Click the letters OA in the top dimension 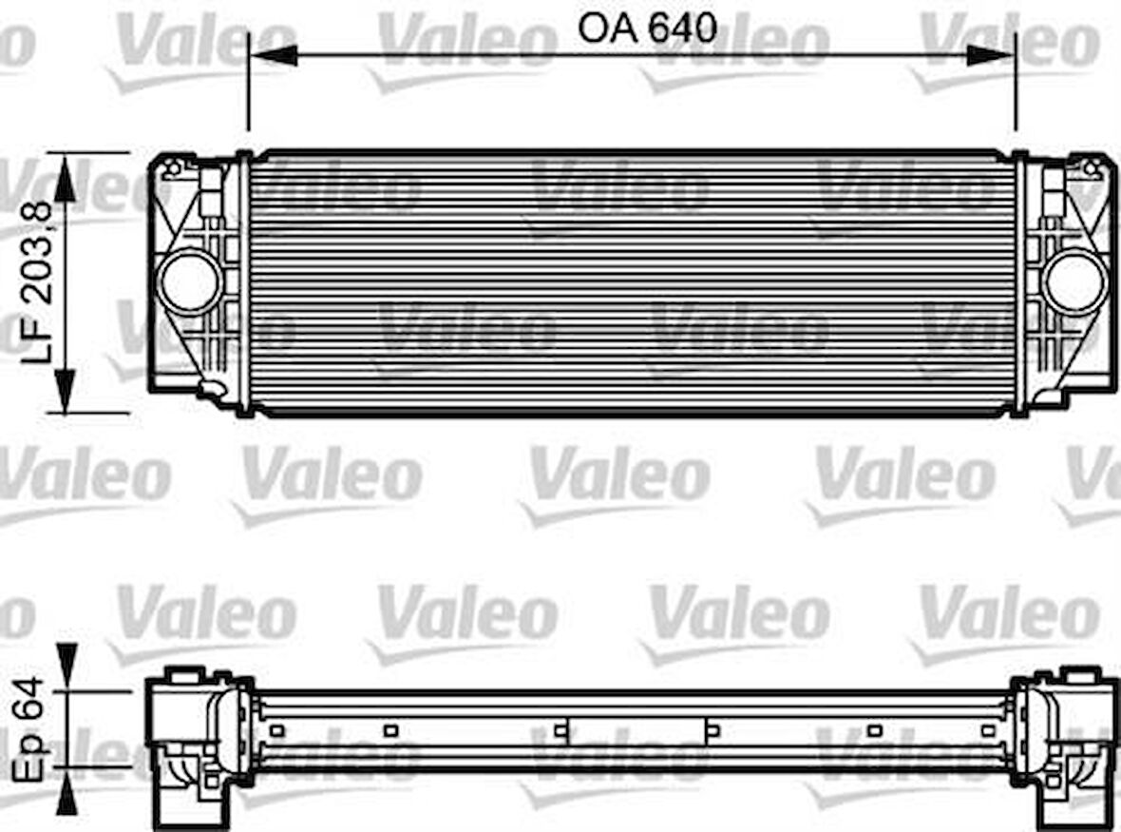(x=609, y=28)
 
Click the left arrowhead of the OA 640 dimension (x=271, y=54)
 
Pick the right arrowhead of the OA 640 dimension (x=992, y=54)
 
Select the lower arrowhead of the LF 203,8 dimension (x=65, y=389)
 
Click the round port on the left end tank (x=189, y=281)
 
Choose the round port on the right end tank (x=1074, y=281)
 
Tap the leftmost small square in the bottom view (x=276, y=730)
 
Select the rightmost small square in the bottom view (x=988, y=730)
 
